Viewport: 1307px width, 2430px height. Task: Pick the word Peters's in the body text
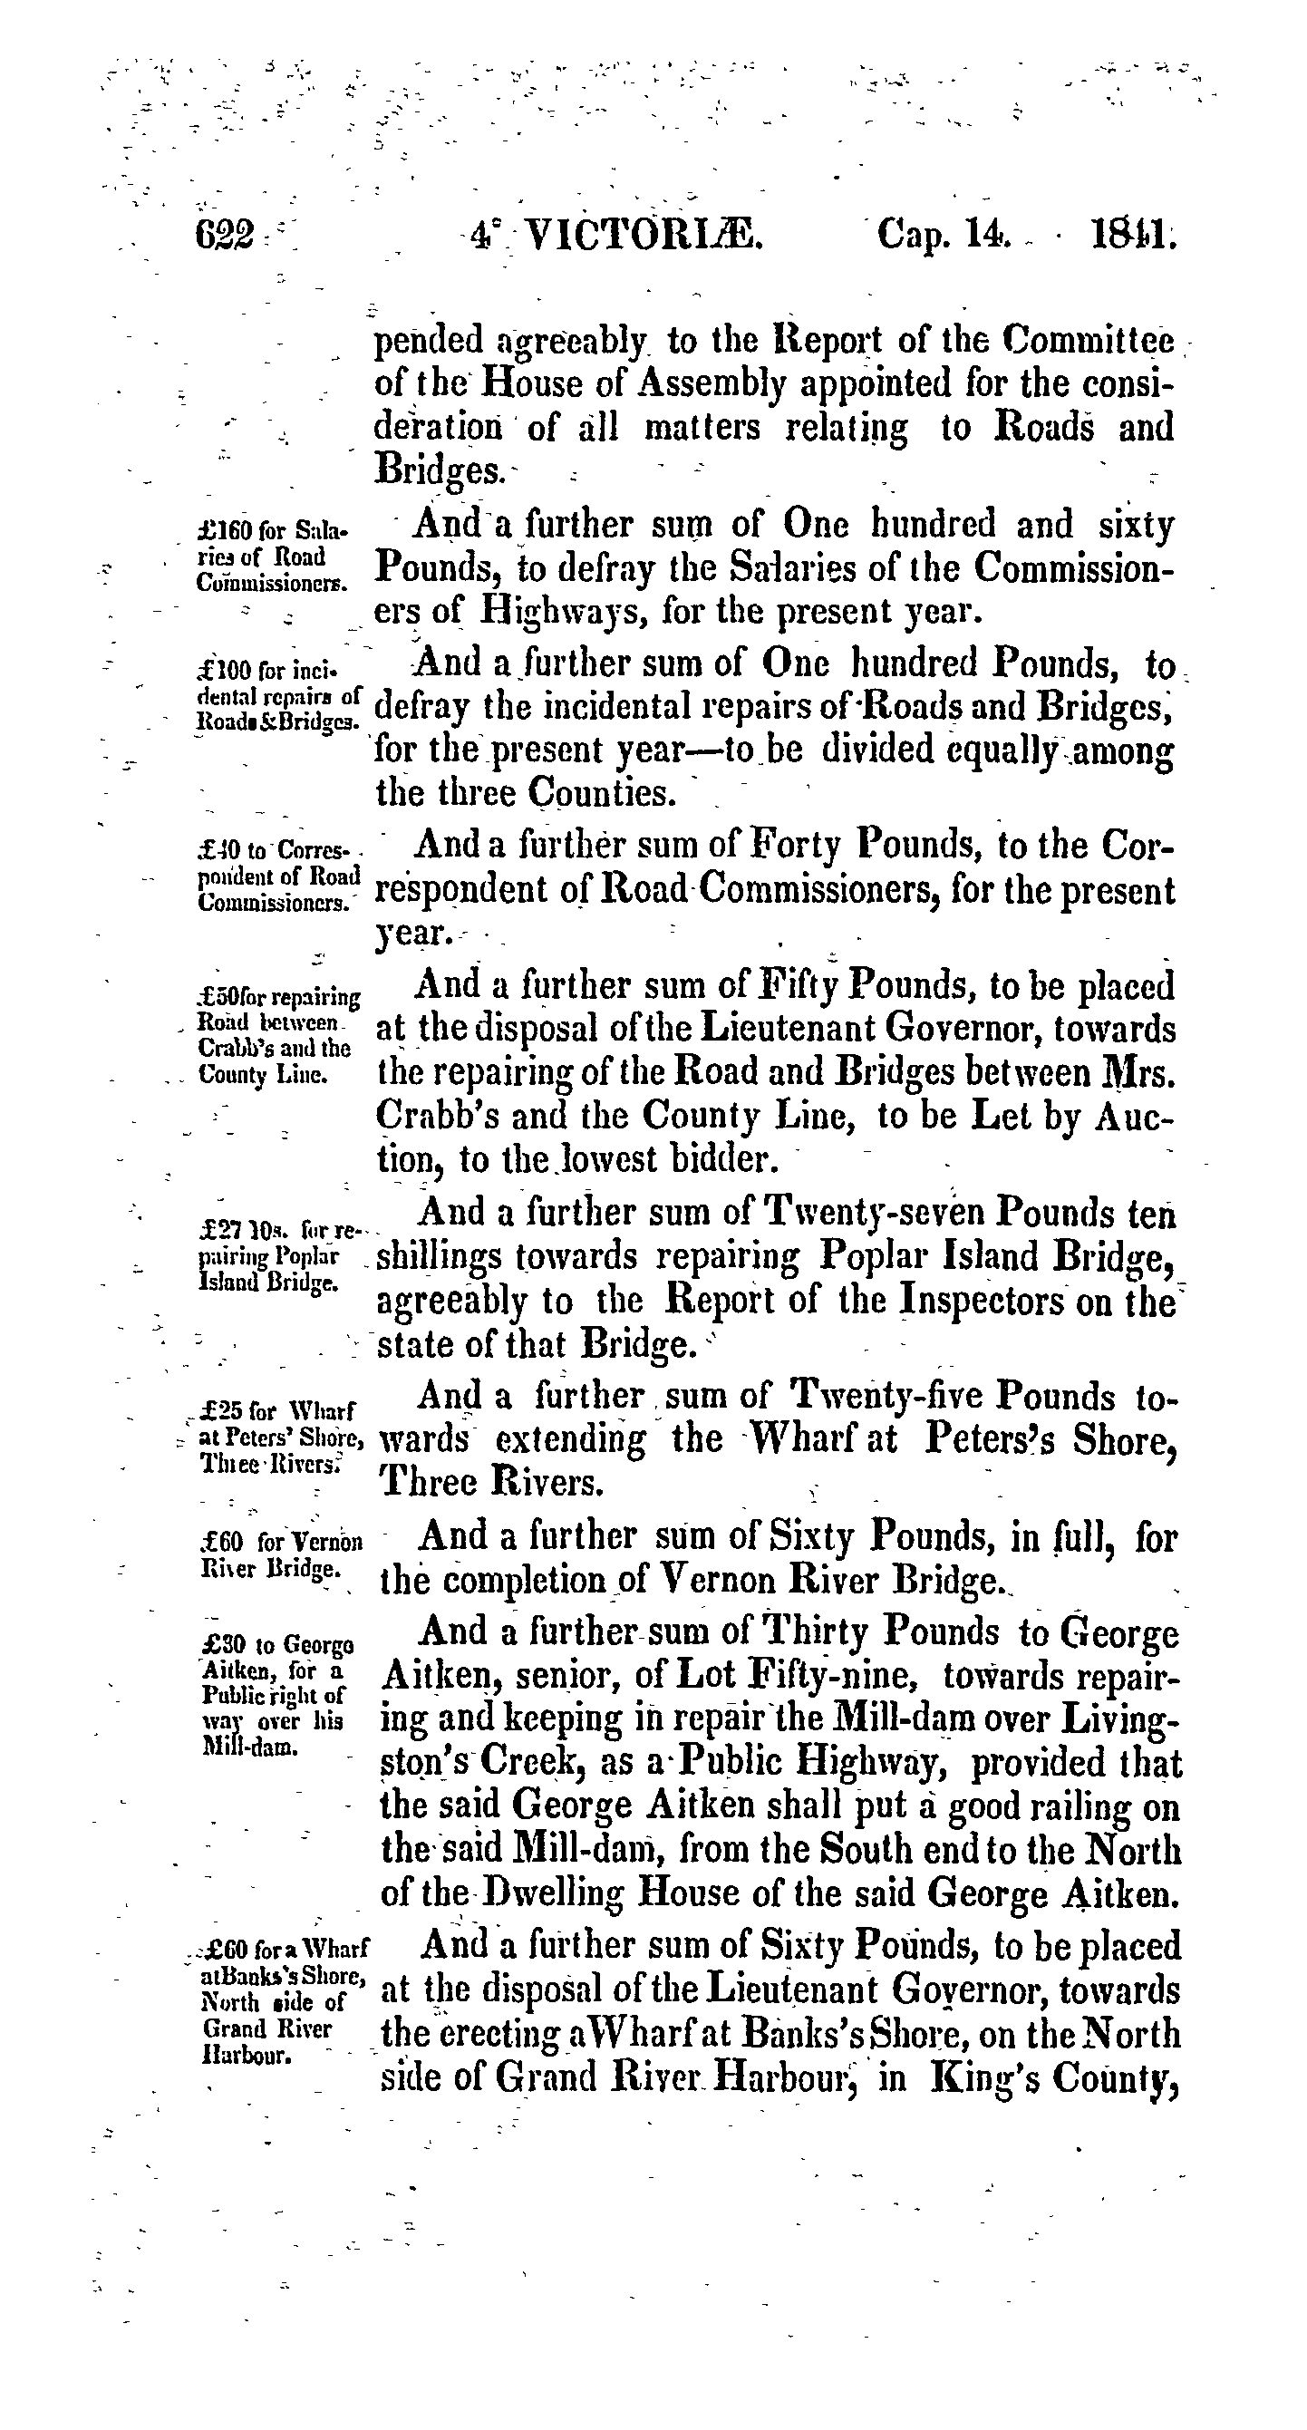pos(998,1439)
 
